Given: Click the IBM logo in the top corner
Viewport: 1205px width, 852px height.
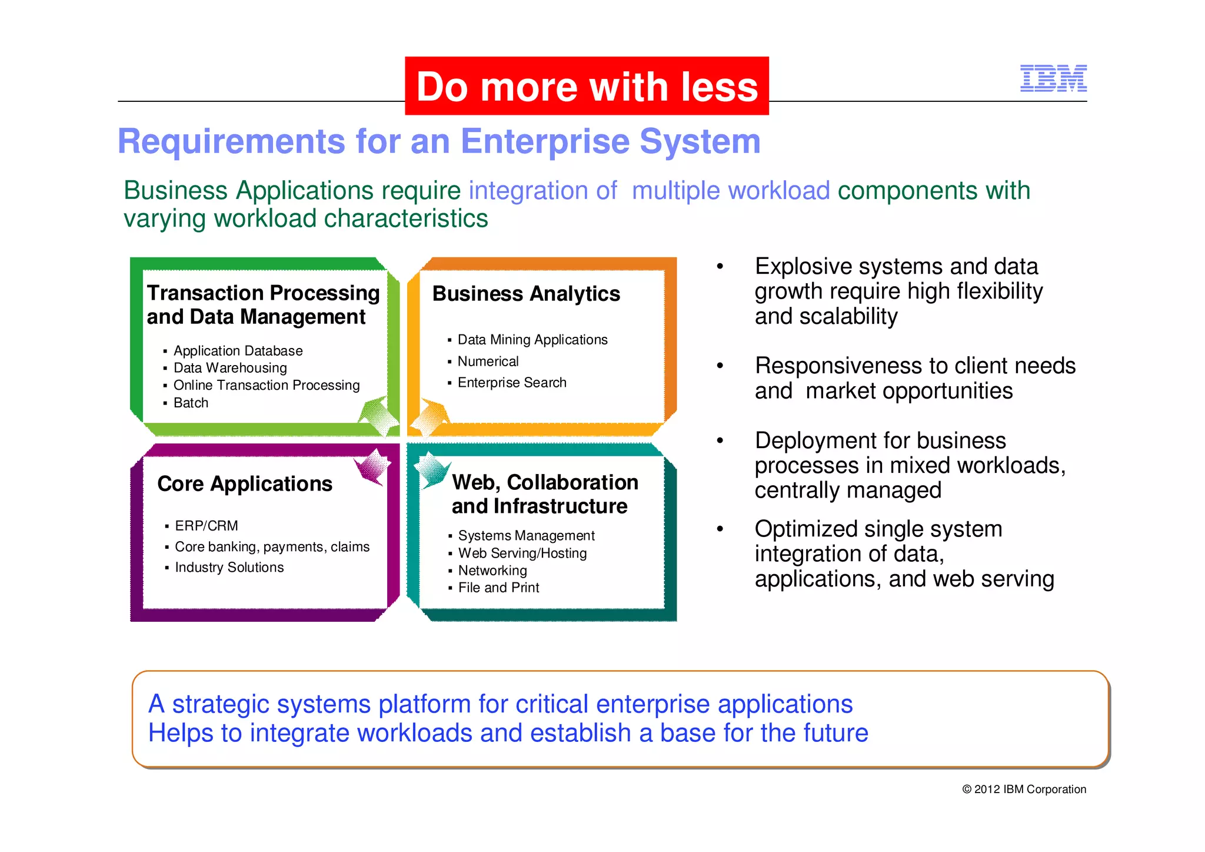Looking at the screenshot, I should tap(1053, 78).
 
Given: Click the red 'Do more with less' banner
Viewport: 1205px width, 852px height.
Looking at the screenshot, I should tap(587, 87).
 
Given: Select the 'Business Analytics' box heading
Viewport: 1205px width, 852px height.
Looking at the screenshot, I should tap(526, 293).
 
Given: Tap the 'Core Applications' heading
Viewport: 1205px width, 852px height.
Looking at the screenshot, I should tap(245, 483).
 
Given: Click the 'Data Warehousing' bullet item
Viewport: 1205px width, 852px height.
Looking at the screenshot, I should tap(230, 368).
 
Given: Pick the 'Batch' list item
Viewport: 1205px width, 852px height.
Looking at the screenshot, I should tap(191, 403).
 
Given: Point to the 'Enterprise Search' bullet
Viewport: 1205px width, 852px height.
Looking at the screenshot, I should tap(512, 383).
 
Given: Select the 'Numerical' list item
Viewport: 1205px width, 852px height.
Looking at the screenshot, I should tap(488, 361).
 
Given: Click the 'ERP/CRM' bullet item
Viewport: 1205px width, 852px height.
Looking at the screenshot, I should tap(207, 525).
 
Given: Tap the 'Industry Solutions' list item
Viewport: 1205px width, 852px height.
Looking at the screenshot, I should tap(229, 567).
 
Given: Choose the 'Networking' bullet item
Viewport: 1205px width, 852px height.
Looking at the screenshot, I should tap(492, 570).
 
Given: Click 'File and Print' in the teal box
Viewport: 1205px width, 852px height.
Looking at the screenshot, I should tap(498, 588).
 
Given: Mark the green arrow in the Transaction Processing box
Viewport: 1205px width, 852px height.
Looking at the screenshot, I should tap(378, 415).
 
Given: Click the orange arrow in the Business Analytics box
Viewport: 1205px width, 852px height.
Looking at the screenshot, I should tap(430, 417).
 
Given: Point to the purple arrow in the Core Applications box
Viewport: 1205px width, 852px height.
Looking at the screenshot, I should tap(372, 467).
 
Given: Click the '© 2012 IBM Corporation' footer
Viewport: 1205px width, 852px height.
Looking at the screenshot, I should tap(1024, 789).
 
